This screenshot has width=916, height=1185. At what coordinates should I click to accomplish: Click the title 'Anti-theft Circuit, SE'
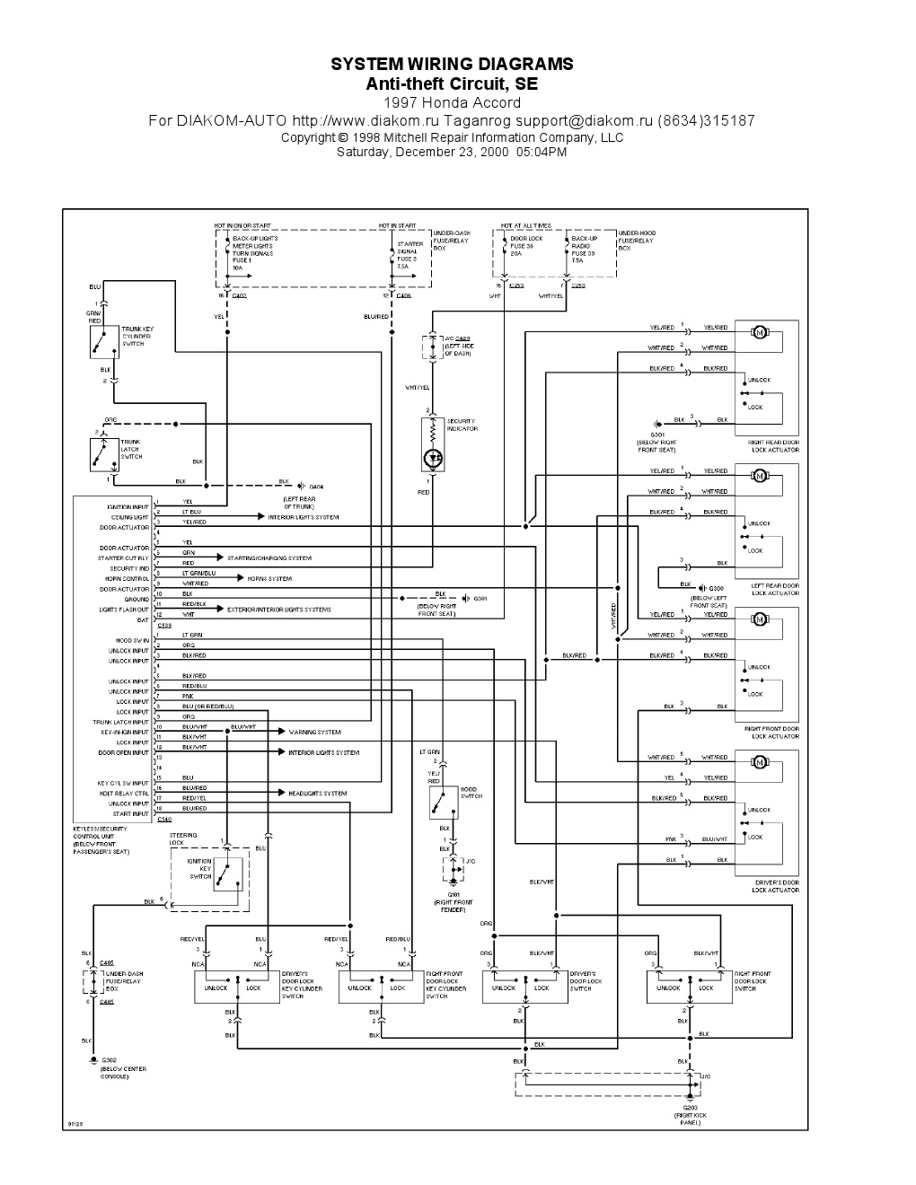[452, 83]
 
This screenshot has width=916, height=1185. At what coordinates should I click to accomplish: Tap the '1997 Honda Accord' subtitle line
[452, 103]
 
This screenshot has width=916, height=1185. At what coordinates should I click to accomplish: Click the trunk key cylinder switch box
[105, 341]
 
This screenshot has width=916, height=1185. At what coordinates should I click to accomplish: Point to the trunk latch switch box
[105, 453]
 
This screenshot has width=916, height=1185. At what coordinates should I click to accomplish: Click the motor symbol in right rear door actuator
[759, 333]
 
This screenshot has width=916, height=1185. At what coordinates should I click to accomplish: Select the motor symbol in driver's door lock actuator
[759, 763]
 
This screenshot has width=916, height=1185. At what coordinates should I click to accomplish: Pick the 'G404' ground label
[316, 486]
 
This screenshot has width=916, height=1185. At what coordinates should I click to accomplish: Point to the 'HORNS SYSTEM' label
[269, 579]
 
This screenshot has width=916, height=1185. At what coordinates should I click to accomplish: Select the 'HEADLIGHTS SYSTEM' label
[317, 794]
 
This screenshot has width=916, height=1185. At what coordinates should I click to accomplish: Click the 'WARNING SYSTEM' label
[314, 733]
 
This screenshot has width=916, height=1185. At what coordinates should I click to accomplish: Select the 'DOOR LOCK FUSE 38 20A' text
[525, 246]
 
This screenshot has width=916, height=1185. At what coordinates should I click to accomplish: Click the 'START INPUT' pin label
[132, 814]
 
